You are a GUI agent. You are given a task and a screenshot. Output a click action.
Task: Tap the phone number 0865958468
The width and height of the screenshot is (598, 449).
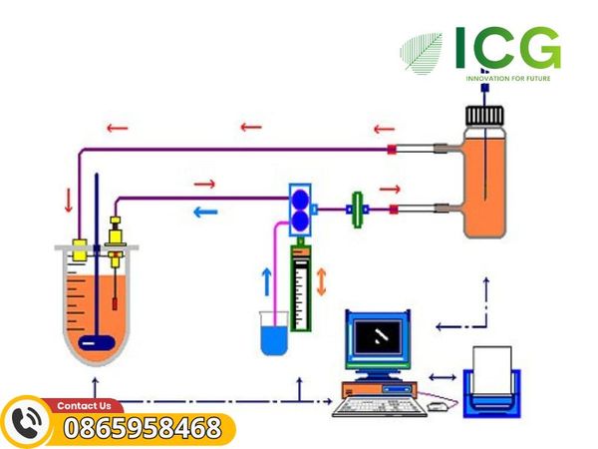tap(143, 428)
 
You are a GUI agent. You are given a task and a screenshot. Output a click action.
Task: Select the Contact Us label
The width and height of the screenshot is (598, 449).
tap(84, 405)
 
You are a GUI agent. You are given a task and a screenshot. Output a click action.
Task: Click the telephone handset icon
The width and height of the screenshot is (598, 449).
tap(27, 423)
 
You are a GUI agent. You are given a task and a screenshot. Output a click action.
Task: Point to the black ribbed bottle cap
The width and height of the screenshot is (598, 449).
tap(484, 116)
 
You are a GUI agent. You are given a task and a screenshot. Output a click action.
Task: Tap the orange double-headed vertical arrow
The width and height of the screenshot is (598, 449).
tap(322, 281)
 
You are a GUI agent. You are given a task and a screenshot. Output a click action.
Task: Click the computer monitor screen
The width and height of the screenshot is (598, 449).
tap(378, 337)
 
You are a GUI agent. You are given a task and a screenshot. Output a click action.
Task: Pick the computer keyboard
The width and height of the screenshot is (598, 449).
tap(380, 407)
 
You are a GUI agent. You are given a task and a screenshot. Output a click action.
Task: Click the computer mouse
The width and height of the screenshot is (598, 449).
tap(438, 407)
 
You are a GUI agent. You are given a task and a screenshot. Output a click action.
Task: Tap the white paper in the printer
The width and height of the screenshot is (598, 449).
tap(492, 369)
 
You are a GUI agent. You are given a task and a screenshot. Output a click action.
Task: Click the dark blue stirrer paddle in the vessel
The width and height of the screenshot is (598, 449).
tap(97, 342)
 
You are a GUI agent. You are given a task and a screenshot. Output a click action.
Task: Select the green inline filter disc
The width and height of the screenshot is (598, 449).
tap(358, 210)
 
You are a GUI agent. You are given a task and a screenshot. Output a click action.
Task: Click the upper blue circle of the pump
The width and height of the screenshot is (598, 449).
tap(301, 199)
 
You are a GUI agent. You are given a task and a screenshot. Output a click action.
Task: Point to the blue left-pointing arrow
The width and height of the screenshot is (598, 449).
tap(206, 212)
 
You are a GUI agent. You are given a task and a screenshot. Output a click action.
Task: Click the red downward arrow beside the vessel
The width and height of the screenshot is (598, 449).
tap(69, 200)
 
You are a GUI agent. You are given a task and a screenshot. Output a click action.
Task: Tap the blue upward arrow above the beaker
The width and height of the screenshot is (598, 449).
tap(268, 281)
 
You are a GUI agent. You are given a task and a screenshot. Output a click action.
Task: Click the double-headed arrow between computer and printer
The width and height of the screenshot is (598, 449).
tap(443, 377)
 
